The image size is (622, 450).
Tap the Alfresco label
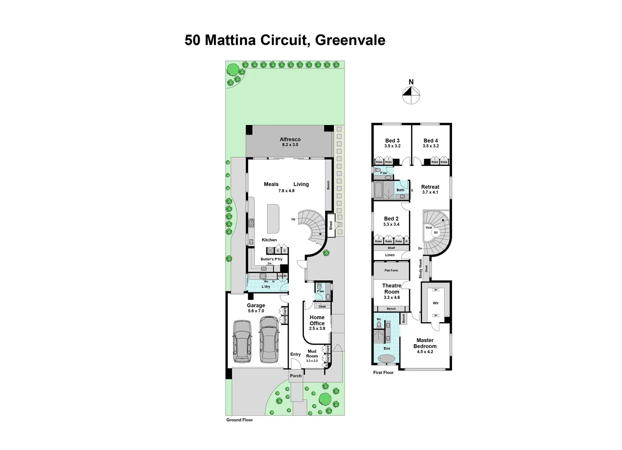pos(290,140)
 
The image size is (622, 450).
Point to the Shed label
pos(331,225)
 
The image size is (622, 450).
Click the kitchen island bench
pos(273,219)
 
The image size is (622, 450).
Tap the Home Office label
pos(317,320)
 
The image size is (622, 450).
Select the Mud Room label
pos(312,354)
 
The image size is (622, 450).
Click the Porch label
pos(296,376)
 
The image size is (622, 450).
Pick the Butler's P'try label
pos(271,259)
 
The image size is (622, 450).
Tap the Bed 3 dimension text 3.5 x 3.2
pos(392,146)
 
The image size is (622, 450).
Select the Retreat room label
pos(430,187)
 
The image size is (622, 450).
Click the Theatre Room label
pos(391,289)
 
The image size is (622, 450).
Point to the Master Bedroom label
pos(425,343)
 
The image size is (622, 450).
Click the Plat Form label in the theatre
pos(391,270)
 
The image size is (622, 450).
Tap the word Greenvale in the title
pos(350,40)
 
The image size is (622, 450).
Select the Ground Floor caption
pos(240,420)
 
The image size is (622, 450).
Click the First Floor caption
pos(383,372)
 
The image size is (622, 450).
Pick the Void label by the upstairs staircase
pos(429,227)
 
